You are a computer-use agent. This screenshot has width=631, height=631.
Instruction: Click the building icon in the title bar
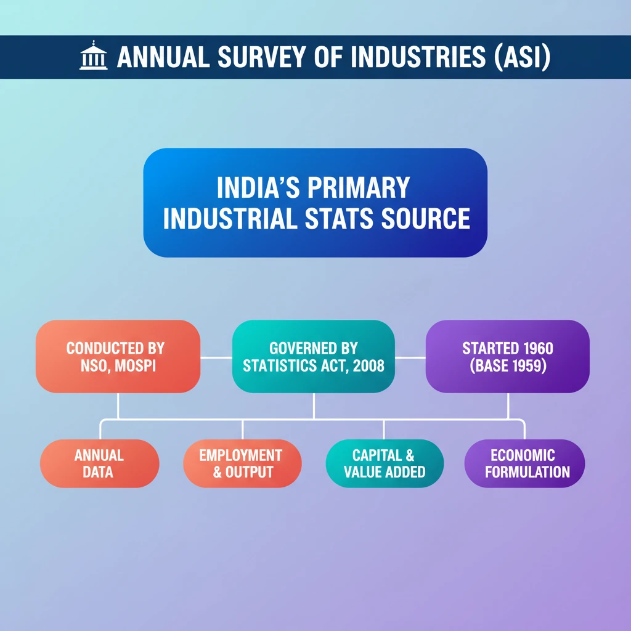94,57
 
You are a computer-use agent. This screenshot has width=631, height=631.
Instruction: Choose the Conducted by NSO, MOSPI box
118,356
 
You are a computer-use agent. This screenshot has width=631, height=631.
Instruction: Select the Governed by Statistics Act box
314,356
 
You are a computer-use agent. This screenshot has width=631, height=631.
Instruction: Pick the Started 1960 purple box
507,356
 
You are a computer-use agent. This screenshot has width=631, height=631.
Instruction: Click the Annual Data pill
99,463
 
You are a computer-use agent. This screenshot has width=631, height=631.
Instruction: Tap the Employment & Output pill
242,463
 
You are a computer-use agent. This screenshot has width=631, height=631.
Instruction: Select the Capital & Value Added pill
385,463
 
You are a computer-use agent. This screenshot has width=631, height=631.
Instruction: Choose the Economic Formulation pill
524,463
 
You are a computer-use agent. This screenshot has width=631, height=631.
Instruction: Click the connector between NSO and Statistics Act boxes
216,357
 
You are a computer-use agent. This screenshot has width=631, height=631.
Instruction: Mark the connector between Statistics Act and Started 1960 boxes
410,357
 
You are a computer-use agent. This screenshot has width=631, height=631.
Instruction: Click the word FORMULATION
527,473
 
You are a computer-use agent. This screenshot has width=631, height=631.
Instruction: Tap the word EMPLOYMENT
241,455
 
